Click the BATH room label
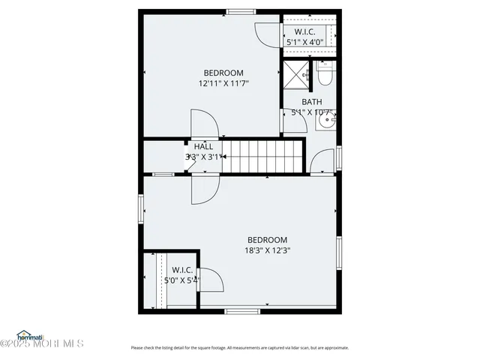[x=312, y=102]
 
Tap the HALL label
[x=203, y=146]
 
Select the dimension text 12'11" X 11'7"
[x=223, y=84]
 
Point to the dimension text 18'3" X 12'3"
[x=268, y=250]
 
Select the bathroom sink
[x=326, y=119]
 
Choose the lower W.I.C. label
[x=182, y=270]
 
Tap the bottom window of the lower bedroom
[x=242, y=311]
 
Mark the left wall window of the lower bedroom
[x=140, y=208]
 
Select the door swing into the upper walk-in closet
[x=268, y=33]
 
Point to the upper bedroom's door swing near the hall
[x=203, y=123]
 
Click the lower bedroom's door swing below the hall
[x=204, y=188]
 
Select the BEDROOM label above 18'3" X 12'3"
[x=268, y=240]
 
